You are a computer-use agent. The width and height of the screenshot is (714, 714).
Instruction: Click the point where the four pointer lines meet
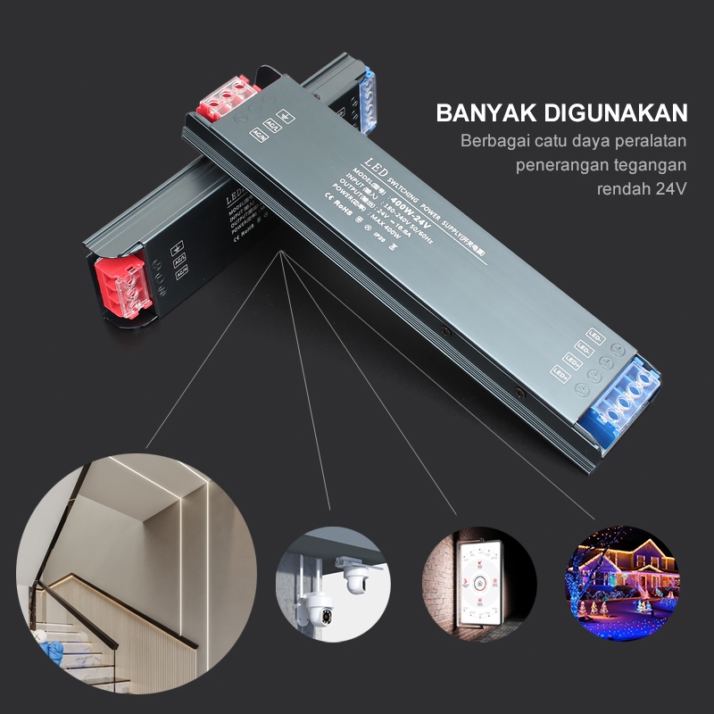point(281,253)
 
